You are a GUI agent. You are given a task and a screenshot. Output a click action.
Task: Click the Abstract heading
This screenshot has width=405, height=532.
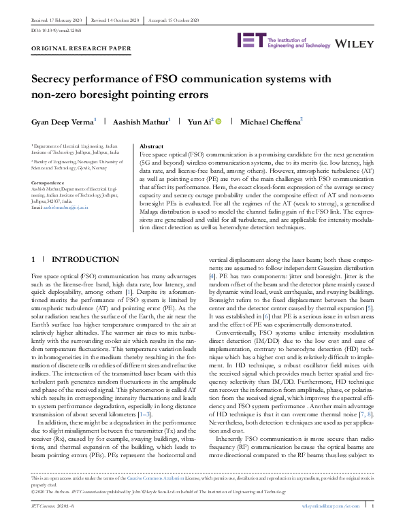tap(150, 146)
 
